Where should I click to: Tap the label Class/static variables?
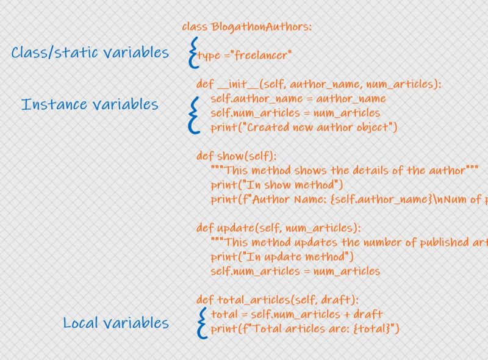(90, 52)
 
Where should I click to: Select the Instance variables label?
(90, 104)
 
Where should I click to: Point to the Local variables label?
(116, 322)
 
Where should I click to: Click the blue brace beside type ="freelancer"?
(193, 52)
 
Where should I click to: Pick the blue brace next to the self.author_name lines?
(195, 113)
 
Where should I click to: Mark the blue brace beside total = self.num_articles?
(201, 322)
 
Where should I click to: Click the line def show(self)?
(236, 156)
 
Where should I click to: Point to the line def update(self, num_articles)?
(278, 228)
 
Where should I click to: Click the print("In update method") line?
(282, 256)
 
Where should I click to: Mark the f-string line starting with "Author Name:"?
(348, 200)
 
